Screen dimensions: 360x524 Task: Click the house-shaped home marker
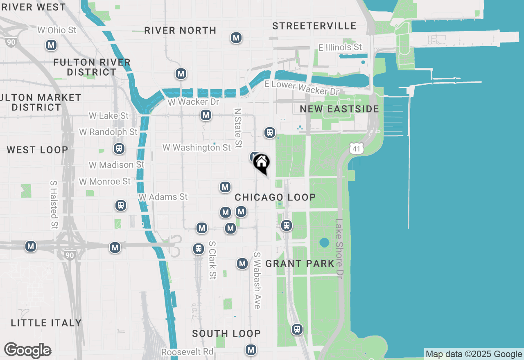pos(261,163)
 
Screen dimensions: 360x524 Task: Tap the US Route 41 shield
pos(357,149)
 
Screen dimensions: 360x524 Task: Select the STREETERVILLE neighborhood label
pos(314,26)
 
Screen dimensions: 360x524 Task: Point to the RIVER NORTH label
pos(180,31)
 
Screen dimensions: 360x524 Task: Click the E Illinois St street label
pos(340,47)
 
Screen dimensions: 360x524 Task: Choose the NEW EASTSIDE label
pos(339,109)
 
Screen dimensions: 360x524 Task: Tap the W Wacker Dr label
pos(193,102)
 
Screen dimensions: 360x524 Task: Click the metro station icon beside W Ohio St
pos(51,45)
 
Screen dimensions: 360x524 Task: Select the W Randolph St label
pos(108,132)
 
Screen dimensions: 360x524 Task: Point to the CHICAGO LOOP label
pos(275,197)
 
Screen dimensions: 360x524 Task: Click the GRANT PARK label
pos(300,264)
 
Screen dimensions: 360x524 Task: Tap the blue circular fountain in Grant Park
pos(324,243)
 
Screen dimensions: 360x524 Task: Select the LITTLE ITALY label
pos(46,323)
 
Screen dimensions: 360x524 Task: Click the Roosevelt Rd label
pos(187,352)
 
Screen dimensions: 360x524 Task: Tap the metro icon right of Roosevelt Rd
pos(251,350)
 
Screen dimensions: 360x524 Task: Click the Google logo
pos(27,351)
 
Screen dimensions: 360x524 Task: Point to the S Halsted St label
pos(54,205)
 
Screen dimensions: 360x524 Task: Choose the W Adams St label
pos(163,197)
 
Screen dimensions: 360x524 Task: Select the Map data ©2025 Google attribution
pos(474,354)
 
